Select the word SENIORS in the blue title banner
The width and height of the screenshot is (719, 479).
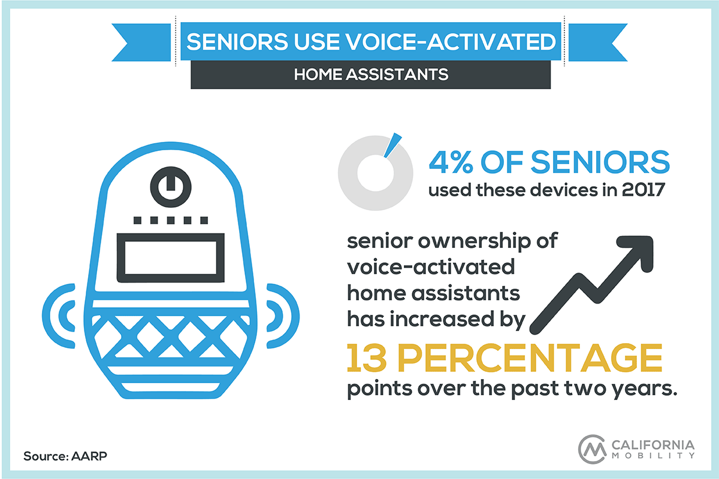[x=237, y=42]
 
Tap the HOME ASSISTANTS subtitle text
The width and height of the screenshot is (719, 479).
[x=371, y=74]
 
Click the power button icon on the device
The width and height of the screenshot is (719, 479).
[x=171, y=187]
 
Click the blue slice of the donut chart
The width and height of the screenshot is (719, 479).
[x=392, y=145]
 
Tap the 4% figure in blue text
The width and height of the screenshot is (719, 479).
[x=451, y=162]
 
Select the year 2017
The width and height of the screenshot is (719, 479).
[x=643, y=190]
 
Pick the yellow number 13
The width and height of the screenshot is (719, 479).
[x=367, y=357]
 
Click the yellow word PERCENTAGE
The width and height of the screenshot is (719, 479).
[x=530, y=357]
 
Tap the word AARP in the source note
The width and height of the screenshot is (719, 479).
[x=89, y=456]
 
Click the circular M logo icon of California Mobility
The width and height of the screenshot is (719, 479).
[x=592, y=449]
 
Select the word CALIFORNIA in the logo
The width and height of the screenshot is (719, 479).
[x=653, y=445]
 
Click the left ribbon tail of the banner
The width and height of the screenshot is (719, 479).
[x=141, y=43]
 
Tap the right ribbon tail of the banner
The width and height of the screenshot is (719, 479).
[x=598, y=43]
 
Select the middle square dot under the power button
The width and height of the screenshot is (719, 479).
[x=171, y=220]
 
